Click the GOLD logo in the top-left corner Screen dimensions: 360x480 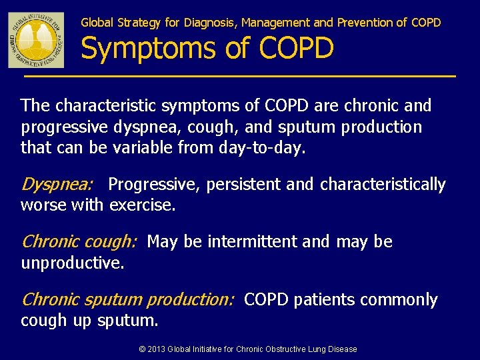click(x=36, y=39)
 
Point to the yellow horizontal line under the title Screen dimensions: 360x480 click(x=240, y=77)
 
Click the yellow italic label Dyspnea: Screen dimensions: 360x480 click(x=57, y=185)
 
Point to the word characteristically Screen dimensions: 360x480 click(x=383, y=185)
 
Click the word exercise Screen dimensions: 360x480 click(x=142, y=205)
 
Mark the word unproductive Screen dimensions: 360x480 click(x=72, y=263)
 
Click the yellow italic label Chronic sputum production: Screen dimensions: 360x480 click(x=127, y=300)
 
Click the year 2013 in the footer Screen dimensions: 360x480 click(x=156, y=349)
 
